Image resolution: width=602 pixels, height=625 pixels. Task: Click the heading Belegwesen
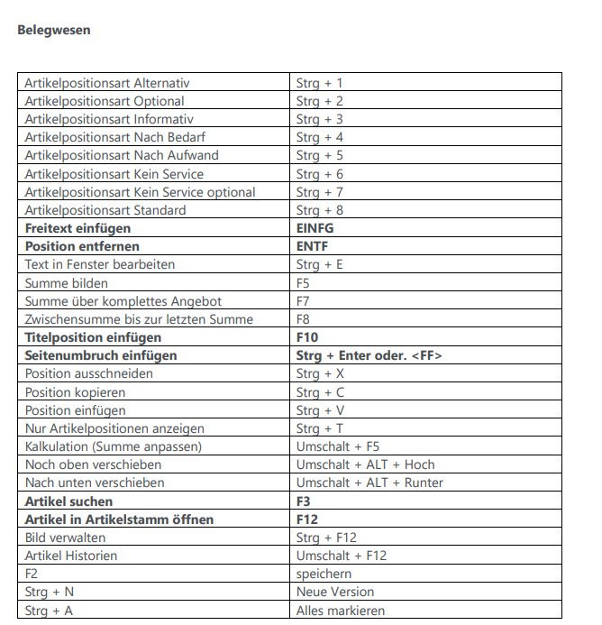pyautogui.click(x=53, y=30)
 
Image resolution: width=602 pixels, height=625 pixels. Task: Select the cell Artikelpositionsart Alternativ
pyautogui.click(x=106, y=83)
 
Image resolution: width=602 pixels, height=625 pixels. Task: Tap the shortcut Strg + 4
pyautogui.click(x=319, y=137)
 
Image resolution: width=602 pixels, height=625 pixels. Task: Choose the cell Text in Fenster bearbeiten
pyautogui.click(x=99, y=264)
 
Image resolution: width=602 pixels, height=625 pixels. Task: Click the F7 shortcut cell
pyautogui.click(x=303, y=301)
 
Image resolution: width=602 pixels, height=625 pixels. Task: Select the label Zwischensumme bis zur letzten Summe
pyautogui.click(x=139, y=319)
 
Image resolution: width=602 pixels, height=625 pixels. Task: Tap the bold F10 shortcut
pyautogui.click(x=307, y=337)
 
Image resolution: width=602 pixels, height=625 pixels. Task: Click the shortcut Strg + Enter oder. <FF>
pyautogui.click(x=369, y=355)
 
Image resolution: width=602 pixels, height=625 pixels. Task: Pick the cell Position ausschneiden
pyautogui.click(x=88, y=373)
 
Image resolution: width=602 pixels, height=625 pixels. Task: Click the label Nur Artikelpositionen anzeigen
pyautogui.click(x=114, y=428)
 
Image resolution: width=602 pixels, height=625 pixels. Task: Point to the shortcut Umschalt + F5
pyautogui.click(x=338, y=446)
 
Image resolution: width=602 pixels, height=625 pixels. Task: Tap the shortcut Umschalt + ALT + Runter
pyautogui.click(x=369, y=483)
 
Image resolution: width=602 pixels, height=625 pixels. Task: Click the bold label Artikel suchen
pyautogui.click(x=68, y=501)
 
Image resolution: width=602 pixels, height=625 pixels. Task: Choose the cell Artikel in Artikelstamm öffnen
pyautogui.click(x=119, y=519)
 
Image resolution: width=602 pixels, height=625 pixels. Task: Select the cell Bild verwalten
pyautogui.click(x=67, y=538)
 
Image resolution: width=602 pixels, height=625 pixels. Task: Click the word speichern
pyautogui.click(x=324, y=574)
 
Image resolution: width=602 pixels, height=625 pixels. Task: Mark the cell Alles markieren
pyautogui.click(x=341, y=611)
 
